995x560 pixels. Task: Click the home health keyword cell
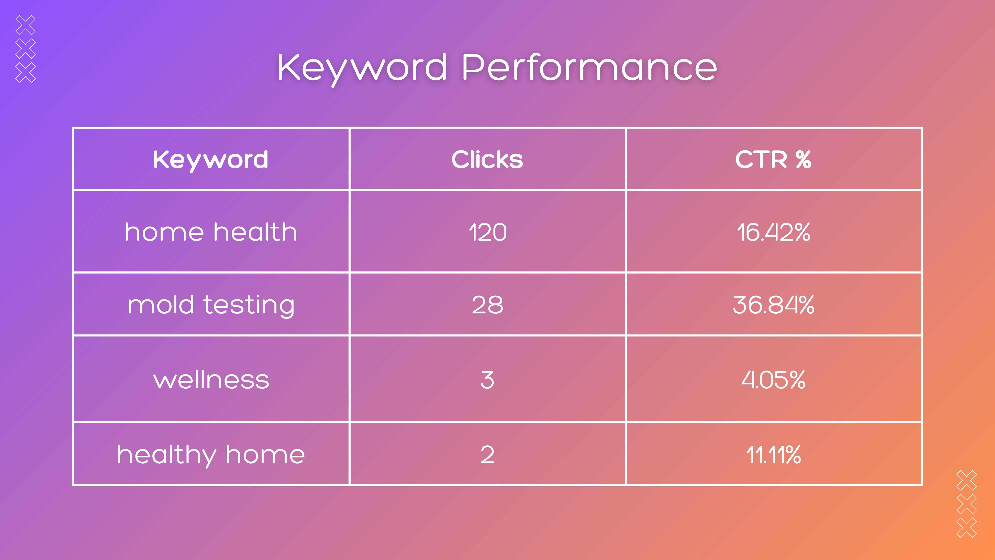click(x=210, y=232)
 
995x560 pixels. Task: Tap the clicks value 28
click(x=487, y=305)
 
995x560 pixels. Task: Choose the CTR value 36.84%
click(x=773, y=305)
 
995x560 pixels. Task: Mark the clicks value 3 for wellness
click(x=487, y=380)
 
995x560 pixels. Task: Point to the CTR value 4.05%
click(x=773, y=380)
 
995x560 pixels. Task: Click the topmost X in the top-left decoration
click(x=26, y=25)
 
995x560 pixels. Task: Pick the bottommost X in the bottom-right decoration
click(x=966, y=527)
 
